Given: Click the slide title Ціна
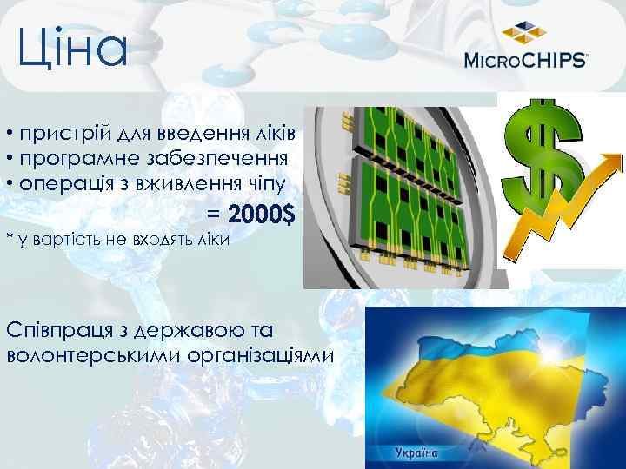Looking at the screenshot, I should click(x=73, y=49).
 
